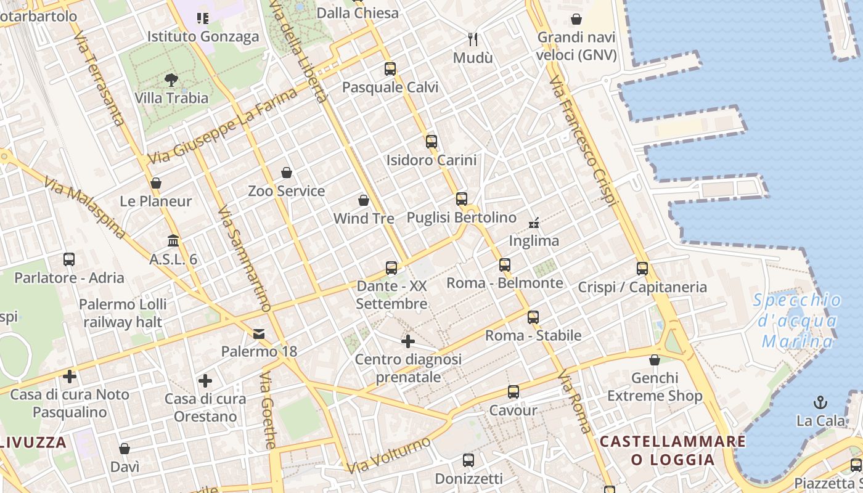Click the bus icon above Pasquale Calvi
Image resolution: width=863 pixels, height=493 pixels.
[390, 69]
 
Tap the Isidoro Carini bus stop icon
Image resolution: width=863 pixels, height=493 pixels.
[431, 142]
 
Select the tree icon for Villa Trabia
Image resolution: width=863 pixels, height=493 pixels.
[171, 79]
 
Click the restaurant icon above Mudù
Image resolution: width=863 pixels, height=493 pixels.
[473, 39]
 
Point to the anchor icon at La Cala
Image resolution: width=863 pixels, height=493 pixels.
[820, 402]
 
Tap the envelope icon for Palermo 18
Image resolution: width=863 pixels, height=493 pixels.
[259, 333]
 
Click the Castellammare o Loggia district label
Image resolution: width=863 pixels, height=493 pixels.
[673, 450]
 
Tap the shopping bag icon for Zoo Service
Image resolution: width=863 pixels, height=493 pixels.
[286, 173]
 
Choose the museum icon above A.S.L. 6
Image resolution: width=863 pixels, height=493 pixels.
[173, 240]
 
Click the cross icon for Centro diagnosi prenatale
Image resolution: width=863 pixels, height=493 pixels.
[407, 341]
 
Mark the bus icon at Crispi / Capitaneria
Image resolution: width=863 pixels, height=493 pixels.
[642, 269]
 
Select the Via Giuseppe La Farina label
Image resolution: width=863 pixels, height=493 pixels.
[222, 126]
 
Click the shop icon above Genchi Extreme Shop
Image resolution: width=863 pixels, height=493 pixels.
[655, 360]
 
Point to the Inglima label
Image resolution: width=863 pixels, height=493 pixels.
[534, 241]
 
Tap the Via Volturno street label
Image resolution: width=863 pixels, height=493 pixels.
[388, 455]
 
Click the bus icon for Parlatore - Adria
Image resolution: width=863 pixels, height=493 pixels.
[69, 259]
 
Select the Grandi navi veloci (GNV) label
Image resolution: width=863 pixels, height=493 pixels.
[576, 46]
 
